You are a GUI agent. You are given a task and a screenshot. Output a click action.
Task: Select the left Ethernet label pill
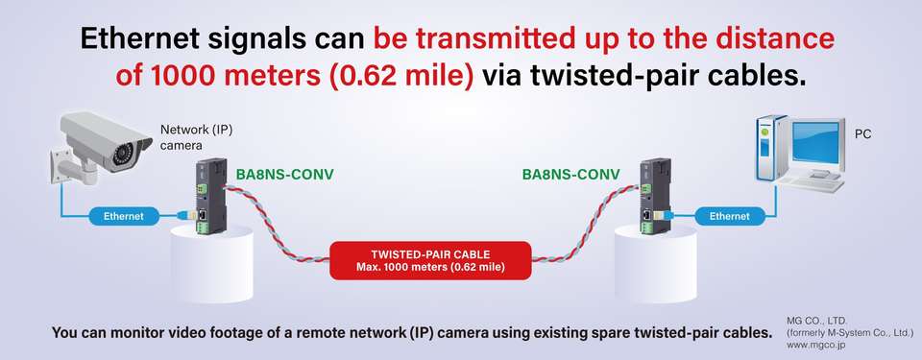pyautogui.click(x=124, y=216)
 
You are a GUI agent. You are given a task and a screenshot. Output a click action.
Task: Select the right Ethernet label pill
pyautogui.click(x=730, y=216)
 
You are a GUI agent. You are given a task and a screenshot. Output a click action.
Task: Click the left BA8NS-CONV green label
pyautogui.click(x=285, y=175)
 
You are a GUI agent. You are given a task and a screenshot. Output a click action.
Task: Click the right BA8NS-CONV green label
pyautogui.click(x=570, y=175)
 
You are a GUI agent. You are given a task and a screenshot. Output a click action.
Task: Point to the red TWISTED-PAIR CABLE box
pyautogui.click(x=430, y=260)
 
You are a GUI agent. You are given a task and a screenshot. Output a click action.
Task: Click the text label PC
pyautogui.click(x=862, y=134)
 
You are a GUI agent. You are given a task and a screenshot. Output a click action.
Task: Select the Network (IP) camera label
pyautogui.click(x=196, y=137)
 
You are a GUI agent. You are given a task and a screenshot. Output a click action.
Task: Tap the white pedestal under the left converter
pyautogui.click(x=211, y=264)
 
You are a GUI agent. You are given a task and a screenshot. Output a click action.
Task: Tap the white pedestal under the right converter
pyautogui.click(x=656, y=264)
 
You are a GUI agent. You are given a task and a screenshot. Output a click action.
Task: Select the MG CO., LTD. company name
pyautogui.click(x=816, y=321)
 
